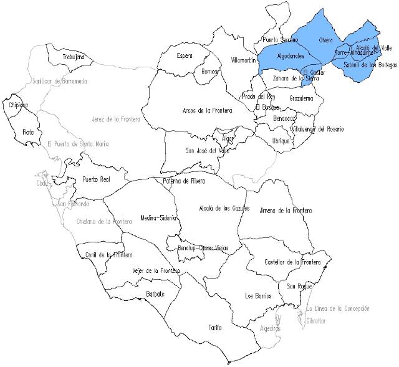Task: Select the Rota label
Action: point(28,132)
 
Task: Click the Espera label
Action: point(185,56)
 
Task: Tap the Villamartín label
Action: point(244,60)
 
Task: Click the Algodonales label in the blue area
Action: point(290,56)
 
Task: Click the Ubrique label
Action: point(282,141)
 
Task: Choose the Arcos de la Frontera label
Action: point(207,110)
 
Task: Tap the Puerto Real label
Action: point(97,179)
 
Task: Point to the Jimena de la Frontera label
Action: point(286,211)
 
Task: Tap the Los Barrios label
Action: point(258,295)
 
